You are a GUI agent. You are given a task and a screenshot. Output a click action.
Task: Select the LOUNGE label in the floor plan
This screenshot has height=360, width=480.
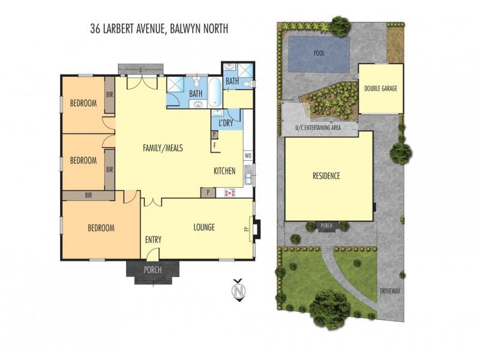click(x=204, y=227)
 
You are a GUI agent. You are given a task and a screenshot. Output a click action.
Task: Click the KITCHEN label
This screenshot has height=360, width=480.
click(x=225, y=172)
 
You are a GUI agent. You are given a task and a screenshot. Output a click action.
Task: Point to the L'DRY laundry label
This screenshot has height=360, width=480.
click(x=226, y=123)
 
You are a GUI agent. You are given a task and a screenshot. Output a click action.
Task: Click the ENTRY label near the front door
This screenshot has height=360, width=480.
click(x=153, y=239)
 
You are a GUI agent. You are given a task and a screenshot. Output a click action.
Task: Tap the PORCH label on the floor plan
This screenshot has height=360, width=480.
click(x=153, y=270)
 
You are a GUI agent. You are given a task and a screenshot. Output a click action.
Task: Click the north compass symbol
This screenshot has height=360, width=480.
click(x=239, y=292)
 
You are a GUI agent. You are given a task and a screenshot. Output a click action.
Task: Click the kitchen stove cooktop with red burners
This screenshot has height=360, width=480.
click(x=230, y=193)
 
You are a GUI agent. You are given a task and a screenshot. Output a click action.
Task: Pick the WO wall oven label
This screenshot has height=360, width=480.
click(x=247, y=156)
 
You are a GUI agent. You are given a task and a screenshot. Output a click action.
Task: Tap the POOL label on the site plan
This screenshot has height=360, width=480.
click(x=319, y=53)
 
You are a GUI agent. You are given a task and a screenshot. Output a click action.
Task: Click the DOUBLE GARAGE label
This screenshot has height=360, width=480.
click(x=380, y=88)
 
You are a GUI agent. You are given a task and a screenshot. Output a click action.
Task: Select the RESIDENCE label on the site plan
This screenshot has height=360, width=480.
click(x=326, y=176)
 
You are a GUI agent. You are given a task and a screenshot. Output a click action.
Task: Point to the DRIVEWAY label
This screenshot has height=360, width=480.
click(x=389, y=290)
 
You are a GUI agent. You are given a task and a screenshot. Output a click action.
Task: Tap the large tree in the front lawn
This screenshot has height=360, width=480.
click(x=329, y=308)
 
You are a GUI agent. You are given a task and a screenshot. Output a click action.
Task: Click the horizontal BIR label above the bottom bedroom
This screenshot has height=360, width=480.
click(x=88, y=195)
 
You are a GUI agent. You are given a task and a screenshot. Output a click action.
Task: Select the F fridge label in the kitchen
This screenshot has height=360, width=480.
click(x=214, y=145)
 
